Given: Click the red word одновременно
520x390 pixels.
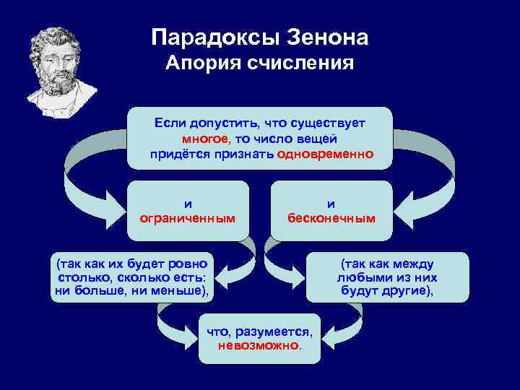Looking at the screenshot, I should (x=324, y=154).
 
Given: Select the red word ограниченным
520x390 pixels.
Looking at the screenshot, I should (x=188, y=217).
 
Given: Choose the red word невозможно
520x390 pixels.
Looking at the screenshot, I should (x=259, y=344).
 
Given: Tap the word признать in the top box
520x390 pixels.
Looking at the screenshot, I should (x=243, y=154).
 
